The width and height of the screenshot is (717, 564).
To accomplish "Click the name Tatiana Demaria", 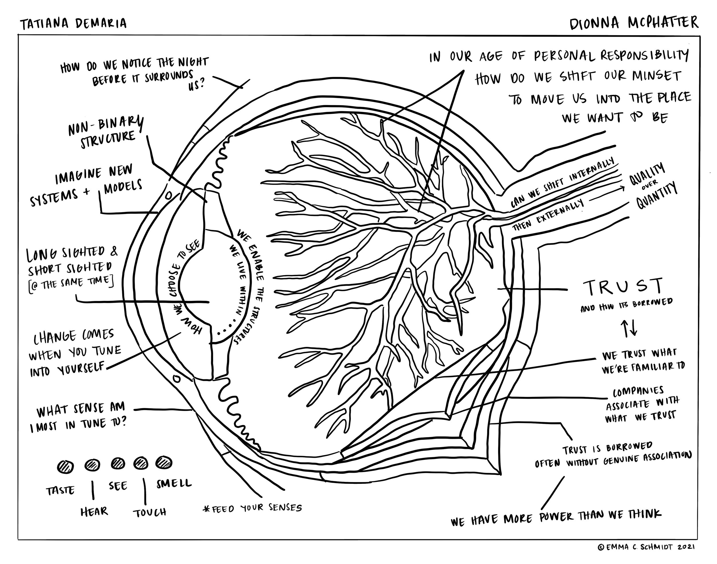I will pos(73,24).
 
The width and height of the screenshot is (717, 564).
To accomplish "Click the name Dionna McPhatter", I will pos(634,23).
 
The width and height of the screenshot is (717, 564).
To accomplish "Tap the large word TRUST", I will pos(623,287).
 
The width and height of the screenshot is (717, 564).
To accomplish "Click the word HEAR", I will pos(94,511).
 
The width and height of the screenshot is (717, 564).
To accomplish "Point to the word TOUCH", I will pos(150,513).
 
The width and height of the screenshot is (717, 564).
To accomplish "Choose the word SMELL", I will pos(174,483).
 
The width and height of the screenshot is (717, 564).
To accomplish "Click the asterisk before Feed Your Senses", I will pos(207,509).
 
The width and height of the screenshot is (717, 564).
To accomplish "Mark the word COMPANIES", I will pos(638,392).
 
